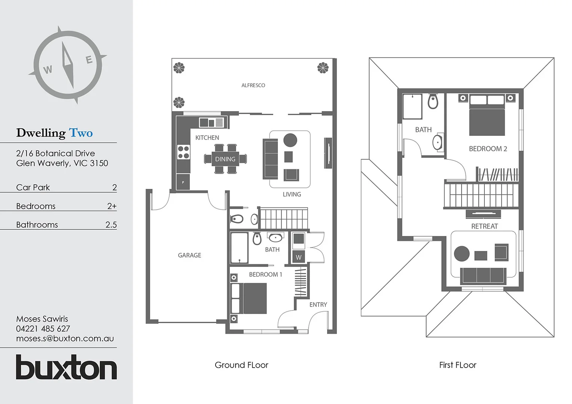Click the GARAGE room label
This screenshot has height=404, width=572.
coord(189,255)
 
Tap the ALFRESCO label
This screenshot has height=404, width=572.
coord(253,85)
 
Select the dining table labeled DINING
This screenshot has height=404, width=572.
coord(225,159)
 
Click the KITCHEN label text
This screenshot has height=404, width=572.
coord(207,138)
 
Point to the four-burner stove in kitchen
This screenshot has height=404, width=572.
coord(183,152)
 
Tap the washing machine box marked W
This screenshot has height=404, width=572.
coord(298,257)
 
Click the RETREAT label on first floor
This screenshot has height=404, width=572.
coord(484,226)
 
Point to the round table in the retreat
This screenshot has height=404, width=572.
coord(462,254)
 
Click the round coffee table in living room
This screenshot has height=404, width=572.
coord(290,140)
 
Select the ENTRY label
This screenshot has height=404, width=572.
coord(318,304)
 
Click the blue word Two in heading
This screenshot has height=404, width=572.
coord(81,133)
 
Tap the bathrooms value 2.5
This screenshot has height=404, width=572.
coord(111,225)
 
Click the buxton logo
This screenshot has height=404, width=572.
coord(66,367)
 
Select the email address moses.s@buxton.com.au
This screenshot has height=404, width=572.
coord(65,339)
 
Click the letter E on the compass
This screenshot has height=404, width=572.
coord(89,60)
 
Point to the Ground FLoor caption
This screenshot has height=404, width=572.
coord(241,365)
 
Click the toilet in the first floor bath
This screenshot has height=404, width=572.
coord(433,101)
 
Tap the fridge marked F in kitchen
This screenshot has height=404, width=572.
coord(183,182)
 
